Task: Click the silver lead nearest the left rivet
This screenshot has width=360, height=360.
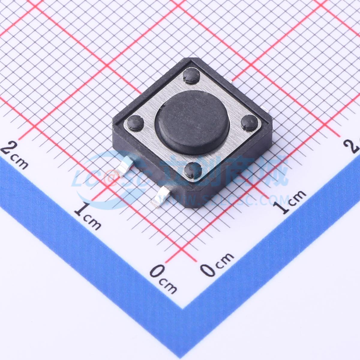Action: [x=125, y=167]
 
